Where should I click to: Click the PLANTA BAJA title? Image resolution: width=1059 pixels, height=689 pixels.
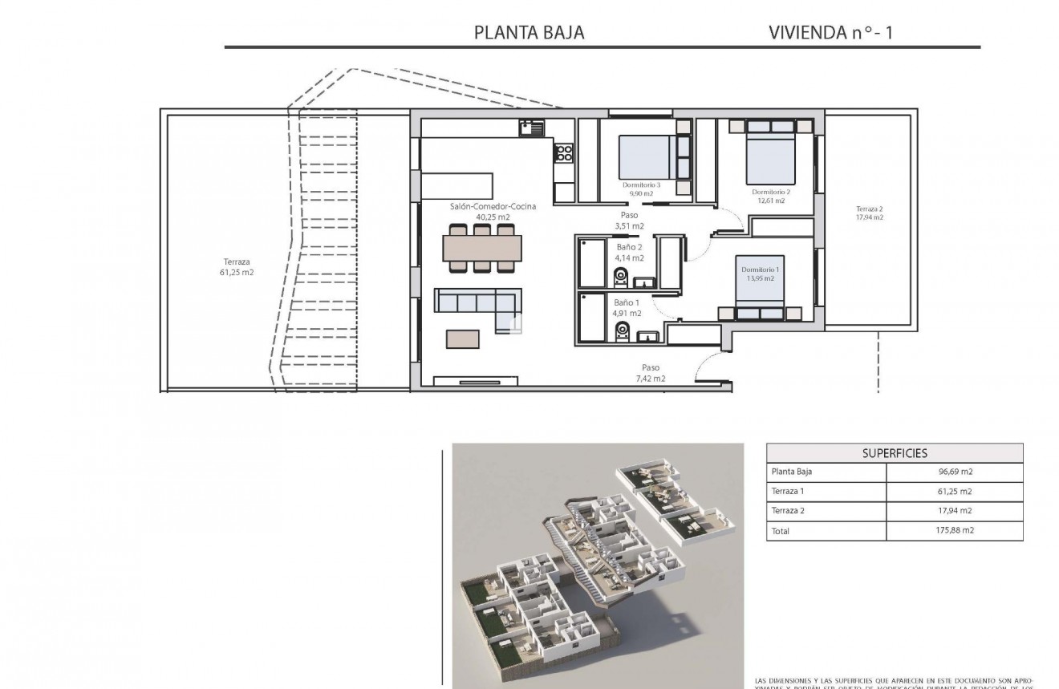click(x=529, y=33)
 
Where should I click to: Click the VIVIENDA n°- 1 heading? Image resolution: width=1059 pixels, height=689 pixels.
click(x=830, y=33)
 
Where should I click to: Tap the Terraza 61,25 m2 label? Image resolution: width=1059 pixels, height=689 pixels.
click(x=237, y=266)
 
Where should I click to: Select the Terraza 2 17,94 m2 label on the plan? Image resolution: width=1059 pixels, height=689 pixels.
click(x=869, y=213)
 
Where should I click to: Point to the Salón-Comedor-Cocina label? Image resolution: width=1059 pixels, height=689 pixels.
click(x=493, y=211)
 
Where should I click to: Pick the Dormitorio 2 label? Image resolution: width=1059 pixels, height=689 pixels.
click(x=771, y=196)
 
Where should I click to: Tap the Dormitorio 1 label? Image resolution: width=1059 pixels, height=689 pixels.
click(x=758, y=274)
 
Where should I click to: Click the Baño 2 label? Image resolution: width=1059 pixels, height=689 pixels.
click(x=629, y=253)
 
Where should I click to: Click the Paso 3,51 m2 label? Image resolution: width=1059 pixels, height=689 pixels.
click(x=629, y=221)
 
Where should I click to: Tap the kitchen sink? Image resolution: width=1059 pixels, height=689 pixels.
click(x=531, y=126)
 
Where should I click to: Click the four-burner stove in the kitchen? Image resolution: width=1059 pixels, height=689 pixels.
click(x=564, y=152)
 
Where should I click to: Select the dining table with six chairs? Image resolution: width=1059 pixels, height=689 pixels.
click(x=482, y=248)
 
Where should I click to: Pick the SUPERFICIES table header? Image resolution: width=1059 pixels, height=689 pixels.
click(x=895, y=453)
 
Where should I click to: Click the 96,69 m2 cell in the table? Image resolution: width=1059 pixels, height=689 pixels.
click(x=955, y=472)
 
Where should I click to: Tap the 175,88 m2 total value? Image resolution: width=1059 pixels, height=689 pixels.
click(x=955, y=530)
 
